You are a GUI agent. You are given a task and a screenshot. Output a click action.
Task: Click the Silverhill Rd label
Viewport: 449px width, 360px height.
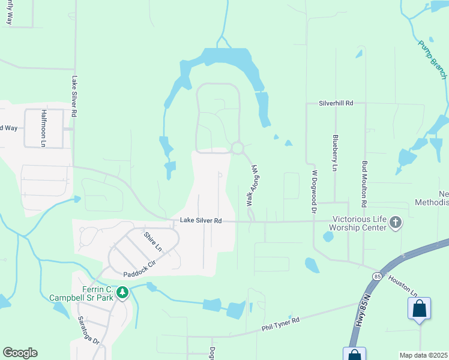pyautogui.click(x=336, y=103)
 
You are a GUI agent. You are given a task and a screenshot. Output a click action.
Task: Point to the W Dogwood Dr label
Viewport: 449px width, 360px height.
pyautogui.click(x=313, y=191)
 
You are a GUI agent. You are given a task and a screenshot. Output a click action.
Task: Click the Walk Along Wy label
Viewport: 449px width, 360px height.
pyautogui.click(x=252, y=187)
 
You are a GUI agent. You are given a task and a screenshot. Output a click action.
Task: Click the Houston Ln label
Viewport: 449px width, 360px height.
pyautogui.click(x=402, y=285)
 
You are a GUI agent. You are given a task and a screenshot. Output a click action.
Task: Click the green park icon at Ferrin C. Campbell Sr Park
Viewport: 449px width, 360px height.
pyautogui.click(x=122, y=292)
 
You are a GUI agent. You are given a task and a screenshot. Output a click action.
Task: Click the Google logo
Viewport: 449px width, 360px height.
pyautogui.click(x=19, y=353)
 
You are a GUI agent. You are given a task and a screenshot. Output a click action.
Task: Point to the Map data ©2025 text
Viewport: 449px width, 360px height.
pyautogui.click(x=424, y=355)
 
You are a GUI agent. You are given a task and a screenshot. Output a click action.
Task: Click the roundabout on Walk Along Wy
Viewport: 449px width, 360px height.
pyautogui.click(x=238, y=148)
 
